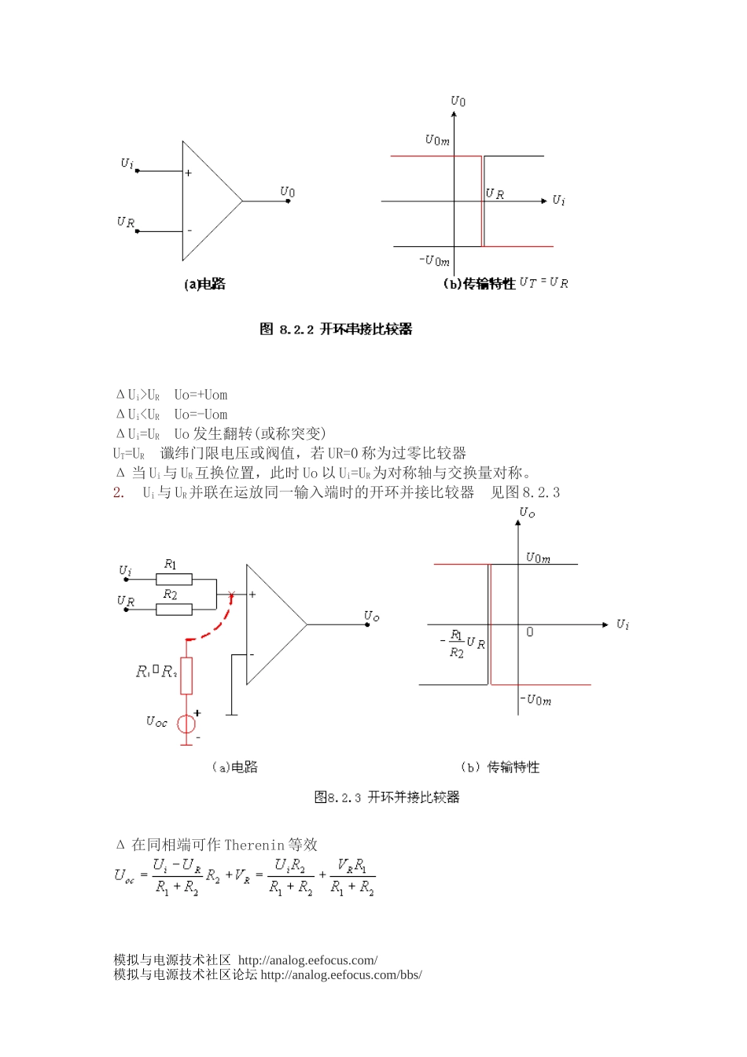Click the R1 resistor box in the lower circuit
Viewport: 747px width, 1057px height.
174,580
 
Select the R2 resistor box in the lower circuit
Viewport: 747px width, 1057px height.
174,610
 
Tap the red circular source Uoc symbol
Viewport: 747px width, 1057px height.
186,724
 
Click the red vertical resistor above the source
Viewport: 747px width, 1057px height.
186,676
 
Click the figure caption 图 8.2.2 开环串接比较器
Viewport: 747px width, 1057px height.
336,329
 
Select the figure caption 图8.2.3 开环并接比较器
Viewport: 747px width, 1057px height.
386,797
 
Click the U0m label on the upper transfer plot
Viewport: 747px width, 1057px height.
437,141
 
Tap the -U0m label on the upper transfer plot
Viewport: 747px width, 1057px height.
434,261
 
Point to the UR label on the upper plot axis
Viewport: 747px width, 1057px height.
495,193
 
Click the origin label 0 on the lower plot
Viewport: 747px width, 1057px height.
530,632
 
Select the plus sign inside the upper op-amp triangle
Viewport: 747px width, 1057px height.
189,173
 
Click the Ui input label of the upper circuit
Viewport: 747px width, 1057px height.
127,163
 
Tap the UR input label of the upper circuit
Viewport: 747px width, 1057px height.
125,223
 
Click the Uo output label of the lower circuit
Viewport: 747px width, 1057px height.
371,616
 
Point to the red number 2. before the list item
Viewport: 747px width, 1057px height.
118,493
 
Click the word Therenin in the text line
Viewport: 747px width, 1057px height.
254,845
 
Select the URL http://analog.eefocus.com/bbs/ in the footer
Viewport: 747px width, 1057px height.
340,975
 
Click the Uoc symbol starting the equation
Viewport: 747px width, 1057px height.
124,875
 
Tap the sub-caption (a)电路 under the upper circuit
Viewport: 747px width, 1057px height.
204,284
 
